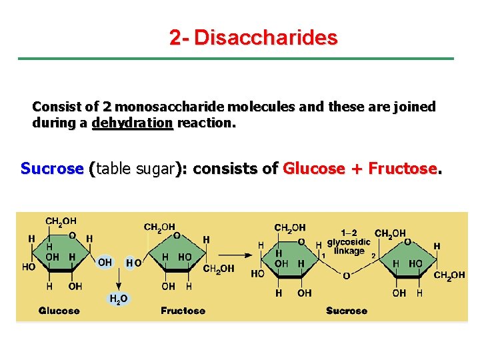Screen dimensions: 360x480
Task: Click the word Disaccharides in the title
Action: [265, 37]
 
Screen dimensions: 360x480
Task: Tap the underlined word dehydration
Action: [132, 123]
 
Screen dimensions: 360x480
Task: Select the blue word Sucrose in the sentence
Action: [51, 168]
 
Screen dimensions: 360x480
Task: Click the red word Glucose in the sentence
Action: [315, 168]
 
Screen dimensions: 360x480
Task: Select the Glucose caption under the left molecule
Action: [59, 311]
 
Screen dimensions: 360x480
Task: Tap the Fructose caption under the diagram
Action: [183, 311]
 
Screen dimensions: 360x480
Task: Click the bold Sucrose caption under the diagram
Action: [347, 311]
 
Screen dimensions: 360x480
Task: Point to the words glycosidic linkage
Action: [349, 246]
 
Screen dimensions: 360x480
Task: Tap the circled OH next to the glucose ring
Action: [105, 263]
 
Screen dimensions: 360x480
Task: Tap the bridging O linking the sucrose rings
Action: [346, 275]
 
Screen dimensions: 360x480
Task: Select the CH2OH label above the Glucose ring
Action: [61, 221]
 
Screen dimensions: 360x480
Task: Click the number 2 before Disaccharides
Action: [175, 37]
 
